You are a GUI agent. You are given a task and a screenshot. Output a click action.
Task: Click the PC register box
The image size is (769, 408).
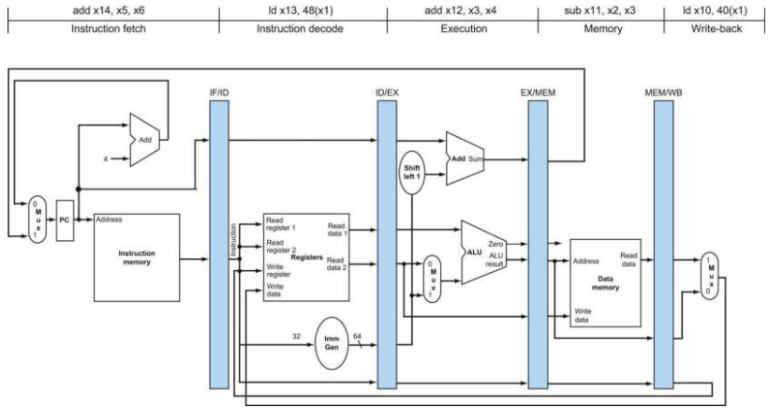point(65,220)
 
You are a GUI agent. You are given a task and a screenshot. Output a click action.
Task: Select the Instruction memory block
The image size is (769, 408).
point(137,257)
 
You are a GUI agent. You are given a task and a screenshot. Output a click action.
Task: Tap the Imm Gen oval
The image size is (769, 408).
point(332,343)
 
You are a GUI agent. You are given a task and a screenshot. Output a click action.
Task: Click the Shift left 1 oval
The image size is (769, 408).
point(412,173)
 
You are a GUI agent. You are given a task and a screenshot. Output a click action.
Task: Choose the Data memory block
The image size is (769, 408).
point(605,283)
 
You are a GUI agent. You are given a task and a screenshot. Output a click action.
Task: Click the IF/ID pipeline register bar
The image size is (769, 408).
point(219,245)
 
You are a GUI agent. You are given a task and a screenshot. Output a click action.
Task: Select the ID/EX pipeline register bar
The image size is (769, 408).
point(387,245)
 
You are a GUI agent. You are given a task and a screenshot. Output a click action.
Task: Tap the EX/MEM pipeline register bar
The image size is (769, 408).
point(538,245)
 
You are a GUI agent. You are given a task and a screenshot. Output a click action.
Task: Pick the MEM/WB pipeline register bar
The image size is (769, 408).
point(663,245)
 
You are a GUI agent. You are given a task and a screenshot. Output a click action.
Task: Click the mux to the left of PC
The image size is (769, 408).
point(37,219)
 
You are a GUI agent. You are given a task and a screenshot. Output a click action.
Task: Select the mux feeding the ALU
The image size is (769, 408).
point(432,279)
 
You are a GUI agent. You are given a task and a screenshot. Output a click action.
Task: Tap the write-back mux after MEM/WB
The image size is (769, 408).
point(709,276)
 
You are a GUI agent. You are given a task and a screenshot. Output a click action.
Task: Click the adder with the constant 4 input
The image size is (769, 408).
point(144,140)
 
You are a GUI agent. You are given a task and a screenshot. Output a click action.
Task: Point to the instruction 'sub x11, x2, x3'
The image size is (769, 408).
point(599,10)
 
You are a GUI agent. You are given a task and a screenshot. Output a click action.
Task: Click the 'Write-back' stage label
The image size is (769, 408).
point(717,28)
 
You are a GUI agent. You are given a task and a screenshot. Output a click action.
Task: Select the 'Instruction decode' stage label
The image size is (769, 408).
point(300,28)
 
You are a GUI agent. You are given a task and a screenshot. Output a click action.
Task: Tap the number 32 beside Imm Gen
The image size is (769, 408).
point(296,337)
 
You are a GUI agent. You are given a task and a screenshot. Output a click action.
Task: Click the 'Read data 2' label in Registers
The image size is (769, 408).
point(335,264)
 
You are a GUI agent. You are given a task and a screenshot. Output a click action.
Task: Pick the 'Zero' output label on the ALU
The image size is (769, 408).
point(495,244)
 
